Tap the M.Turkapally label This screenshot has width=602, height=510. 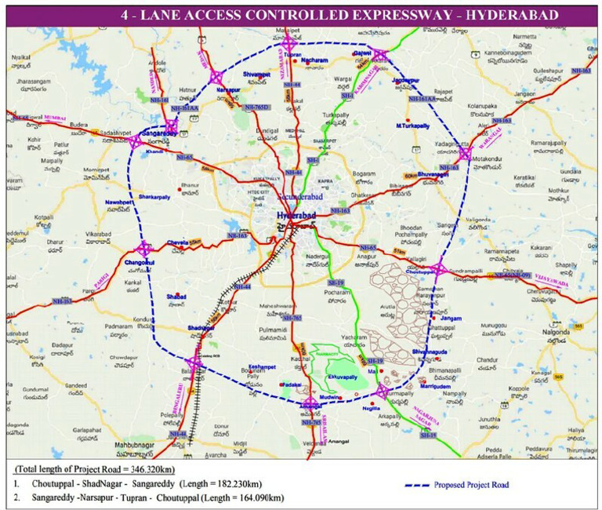tap(415, 126)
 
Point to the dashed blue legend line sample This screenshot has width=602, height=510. tap(432, 485)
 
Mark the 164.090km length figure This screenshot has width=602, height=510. tap(259, 497)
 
